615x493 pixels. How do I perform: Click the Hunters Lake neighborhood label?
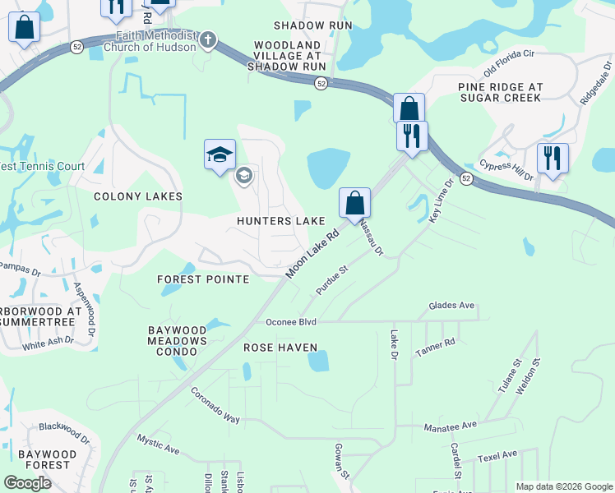click(x=281, y=222)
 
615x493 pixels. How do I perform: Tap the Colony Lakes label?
click(x=138, y=197)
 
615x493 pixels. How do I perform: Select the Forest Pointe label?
click(x=203, y=279)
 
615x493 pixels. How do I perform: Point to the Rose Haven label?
click(x=280, y=348)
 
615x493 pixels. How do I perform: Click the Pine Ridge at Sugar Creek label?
click(x=500, y=91)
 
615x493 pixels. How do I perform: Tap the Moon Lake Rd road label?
click(x=312, y=252)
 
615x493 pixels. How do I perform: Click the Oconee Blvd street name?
click(x=290, y=321)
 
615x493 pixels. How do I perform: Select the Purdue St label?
click(x=333, y=279)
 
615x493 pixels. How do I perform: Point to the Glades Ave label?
click(x=451, y=306)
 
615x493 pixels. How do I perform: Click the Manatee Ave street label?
click(x=450, y=426)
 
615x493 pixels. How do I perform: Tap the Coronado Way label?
click(x=215, y=406)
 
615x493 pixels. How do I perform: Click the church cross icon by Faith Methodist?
click(x=209, y=39)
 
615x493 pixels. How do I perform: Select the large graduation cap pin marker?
click(x=220, y=154)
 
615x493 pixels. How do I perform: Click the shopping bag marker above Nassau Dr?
click(x=354, y=202)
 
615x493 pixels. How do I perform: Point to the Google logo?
click(x=28, y=483)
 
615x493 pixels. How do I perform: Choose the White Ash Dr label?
click(x=48, y=342)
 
